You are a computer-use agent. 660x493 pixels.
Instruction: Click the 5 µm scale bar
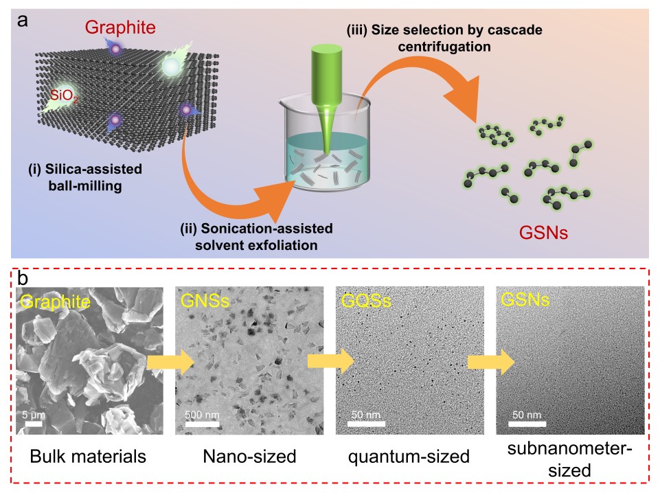click(35, 423)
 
